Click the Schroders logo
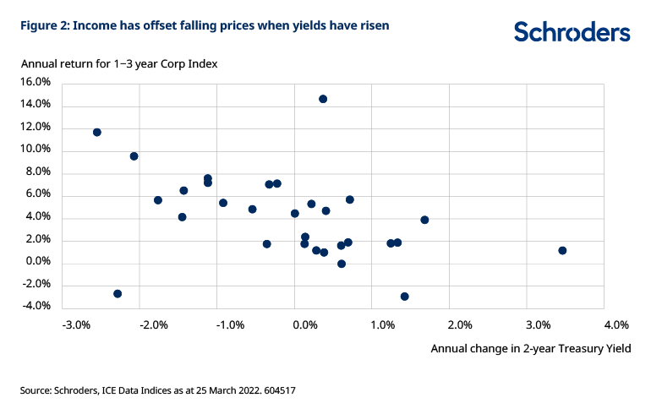click(x=572, y=32)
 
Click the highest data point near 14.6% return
click(x=323, y=99)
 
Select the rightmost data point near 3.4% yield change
click(x=562, y=250)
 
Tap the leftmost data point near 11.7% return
click(x=97, y=132)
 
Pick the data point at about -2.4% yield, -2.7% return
click(x=118, y=293)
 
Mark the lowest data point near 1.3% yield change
click(x=405, y=297)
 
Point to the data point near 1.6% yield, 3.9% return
click(x=424, y=220)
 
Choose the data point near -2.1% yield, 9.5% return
click(x=134, y=156)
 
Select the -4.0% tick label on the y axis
click(x=36, y=307)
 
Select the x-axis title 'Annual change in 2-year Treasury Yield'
click(x=531, y=347)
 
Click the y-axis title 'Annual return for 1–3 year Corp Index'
click(x=119, y=63)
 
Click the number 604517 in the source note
click(x=276, y=390)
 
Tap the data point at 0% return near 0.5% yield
click(x=342, y=264)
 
